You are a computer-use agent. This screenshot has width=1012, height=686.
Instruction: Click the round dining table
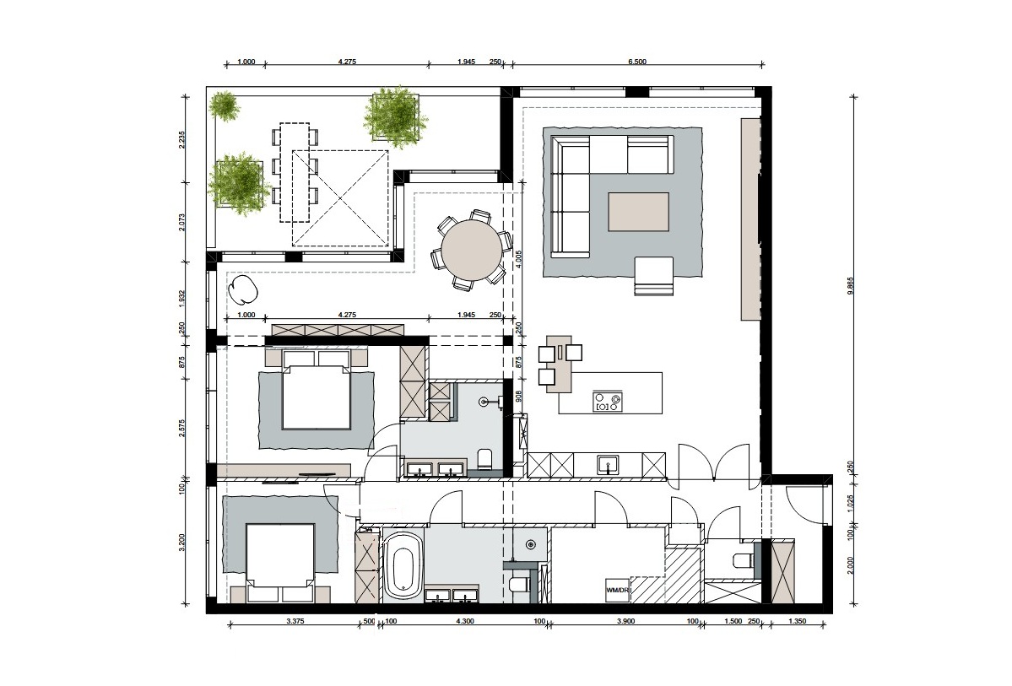(471, 249)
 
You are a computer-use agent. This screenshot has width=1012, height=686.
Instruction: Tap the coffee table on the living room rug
(639, 211)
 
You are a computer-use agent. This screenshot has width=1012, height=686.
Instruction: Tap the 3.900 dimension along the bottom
(625, 621)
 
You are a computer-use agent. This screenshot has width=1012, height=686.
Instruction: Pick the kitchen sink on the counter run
(608, 463)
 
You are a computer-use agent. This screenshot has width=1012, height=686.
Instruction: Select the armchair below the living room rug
(654, 276)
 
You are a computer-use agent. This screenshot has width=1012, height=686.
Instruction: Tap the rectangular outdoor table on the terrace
(295, 172)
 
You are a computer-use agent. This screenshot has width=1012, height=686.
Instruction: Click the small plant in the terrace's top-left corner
(225, 105)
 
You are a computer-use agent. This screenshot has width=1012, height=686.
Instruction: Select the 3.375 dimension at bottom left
(295, 621)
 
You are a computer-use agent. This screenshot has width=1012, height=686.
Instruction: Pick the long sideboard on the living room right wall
(750, 219)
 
